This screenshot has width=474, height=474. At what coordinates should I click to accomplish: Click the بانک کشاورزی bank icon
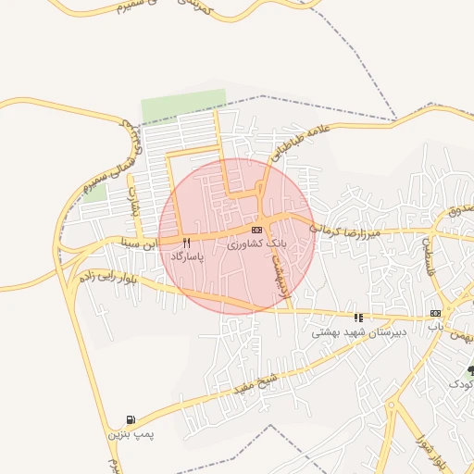(256, 230)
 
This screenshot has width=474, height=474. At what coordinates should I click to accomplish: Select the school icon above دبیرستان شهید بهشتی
(358, 317)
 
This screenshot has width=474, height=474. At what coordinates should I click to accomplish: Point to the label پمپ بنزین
(127, 433)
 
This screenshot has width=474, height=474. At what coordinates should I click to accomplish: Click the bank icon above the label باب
(434, 315)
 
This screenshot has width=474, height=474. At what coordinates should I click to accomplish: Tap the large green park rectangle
(183, 106)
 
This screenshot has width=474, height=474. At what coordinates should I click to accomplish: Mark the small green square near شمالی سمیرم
(95, 193)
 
